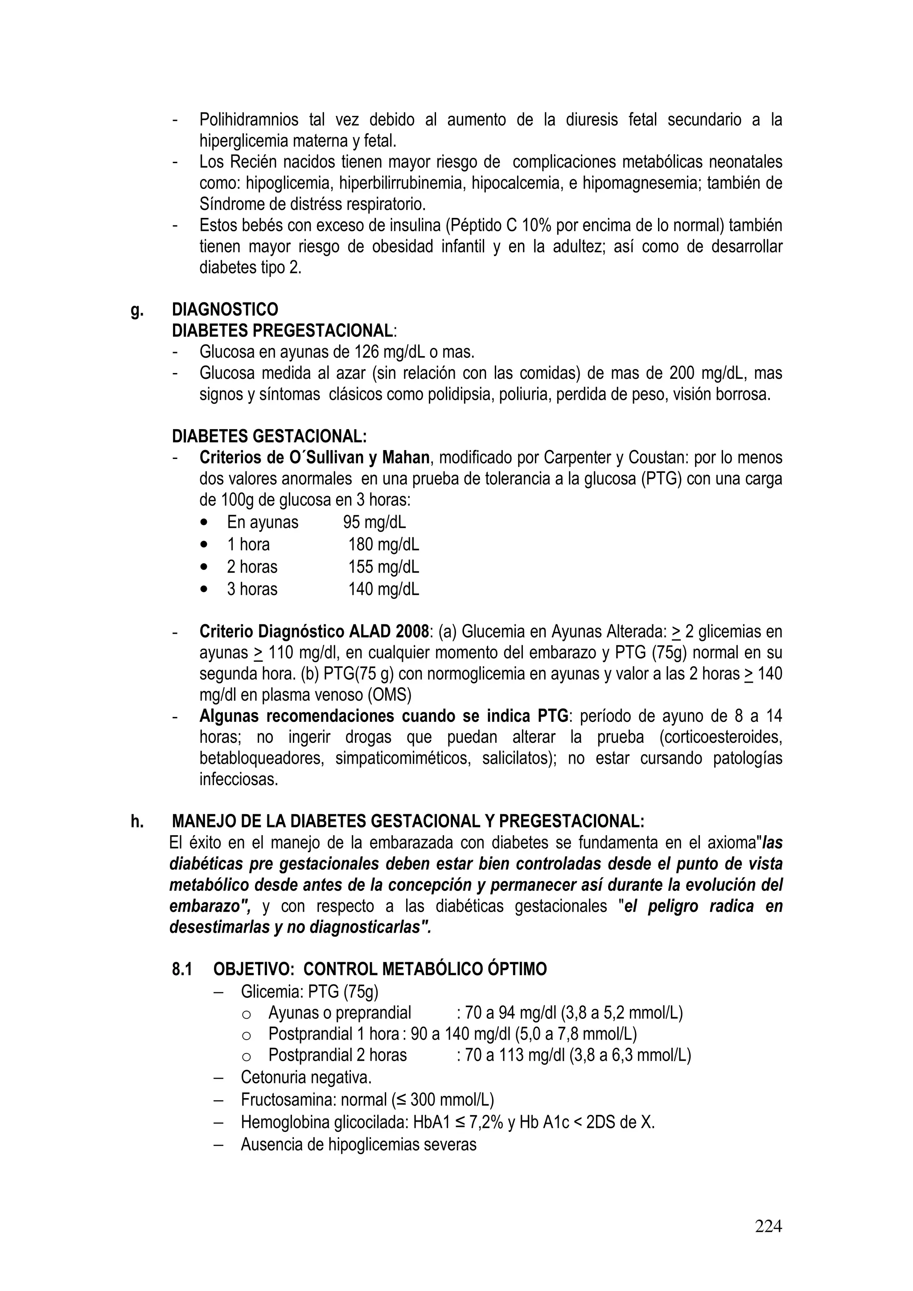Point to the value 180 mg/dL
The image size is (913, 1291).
point(384,544)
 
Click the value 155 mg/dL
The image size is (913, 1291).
point(384,567)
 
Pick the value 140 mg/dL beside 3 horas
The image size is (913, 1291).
point(384,589)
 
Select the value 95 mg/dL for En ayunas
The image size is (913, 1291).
point(374,522)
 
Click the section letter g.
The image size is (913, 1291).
point(136,310)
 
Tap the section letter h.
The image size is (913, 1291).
point(137,821)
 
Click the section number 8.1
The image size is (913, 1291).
point(182,969)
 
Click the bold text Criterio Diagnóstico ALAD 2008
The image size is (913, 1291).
point(314,631)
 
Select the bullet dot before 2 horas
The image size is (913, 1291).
point(204,567)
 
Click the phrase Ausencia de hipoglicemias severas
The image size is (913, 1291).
point(358,1144)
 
